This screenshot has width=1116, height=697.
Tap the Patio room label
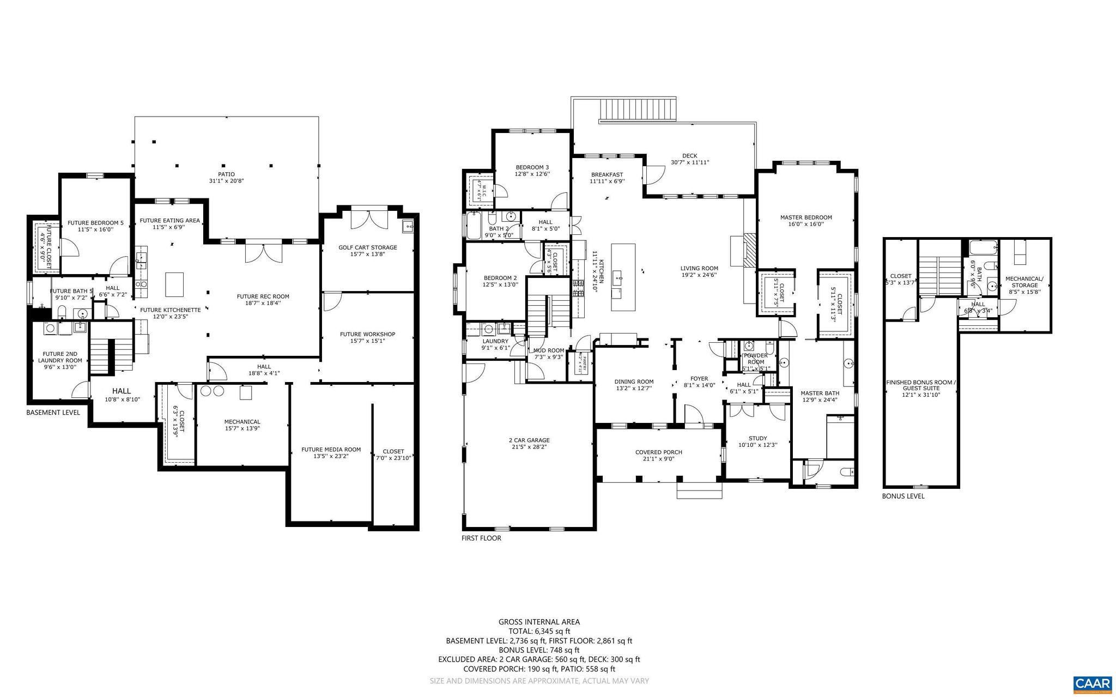coord(226,174)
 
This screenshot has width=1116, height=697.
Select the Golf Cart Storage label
coord(368,247)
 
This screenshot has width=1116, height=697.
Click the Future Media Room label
coord(331,450)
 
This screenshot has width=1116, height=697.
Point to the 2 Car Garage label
coord(529,440)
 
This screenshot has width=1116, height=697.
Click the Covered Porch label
coord(658,452)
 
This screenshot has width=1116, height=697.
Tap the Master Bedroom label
coord(806,217)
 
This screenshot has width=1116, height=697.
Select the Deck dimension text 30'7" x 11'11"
coord(689,162)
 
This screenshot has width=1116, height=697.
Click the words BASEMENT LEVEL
coord(53,413)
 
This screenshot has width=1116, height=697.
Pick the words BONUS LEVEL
coord(903,496)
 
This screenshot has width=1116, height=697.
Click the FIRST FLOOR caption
coord(481,538)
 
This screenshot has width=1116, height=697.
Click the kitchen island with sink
coord(623,277)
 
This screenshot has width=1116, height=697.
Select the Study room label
coord(757,438)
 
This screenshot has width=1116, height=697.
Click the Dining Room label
coord(634,381)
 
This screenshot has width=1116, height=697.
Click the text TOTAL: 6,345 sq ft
coord(539,631)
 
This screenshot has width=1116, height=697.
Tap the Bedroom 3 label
coord(532,167)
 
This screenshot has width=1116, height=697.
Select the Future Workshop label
coord(367,334)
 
